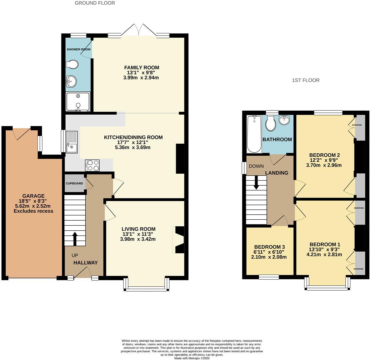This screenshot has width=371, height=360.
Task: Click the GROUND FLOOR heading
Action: click(x=95, y=3)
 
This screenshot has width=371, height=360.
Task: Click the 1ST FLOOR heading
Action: click(x=306, y=80)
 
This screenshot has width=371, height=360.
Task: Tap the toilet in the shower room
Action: click(x=72, y=64)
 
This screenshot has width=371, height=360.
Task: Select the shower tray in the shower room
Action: click(x=78, y=102)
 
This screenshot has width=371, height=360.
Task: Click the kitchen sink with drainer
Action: click(x=72, y=142)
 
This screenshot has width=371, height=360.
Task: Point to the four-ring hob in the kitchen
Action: click(x=92, y=165)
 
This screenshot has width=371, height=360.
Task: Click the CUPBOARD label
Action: click(x=74, y=183)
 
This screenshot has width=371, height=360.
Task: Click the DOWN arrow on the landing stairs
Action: click(x=256, y=182)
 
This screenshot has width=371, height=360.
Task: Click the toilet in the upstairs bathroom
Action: click(x=271, y=124)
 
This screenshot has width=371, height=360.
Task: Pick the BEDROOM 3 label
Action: click(x=269, y=247)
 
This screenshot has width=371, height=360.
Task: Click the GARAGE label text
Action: click(x=33, y=196)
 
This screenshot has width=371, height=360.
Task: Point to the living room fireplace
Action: click(x=178, y=240)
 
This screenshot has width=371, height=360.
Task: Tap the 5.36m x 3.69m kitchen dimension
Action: click(x=133, y=147)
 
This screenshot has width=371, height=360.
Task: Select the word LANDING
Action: click(x=277, y=173)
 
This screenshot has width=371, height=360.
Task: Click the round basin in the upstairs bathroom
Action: click(x=284, y=120)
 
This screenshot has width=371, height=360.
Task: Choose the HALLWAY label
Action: click(x=86, y=263)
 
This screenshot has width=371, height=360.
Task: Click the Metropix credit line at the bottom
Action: click(x=192, y=358)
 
